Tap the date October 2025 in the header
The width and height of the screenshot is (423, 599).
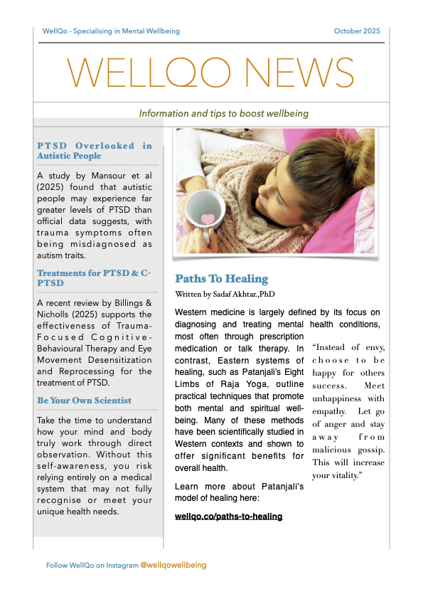(357, 31)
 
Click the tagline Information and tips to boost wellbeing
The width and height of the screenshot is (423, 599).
(223, 114)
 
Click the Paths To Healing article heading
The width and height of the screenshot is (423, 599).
(221, 278)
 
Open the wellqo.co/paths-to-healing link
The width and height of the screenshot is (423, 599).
(228, 516)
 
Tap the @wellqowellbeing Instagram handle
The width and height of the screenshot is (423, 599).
(173, 565)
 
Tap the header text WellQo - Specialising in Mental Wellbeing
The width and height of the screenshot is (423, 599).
(111, 31)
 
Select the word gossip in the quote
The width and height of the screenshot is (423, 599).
(366, 449)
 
